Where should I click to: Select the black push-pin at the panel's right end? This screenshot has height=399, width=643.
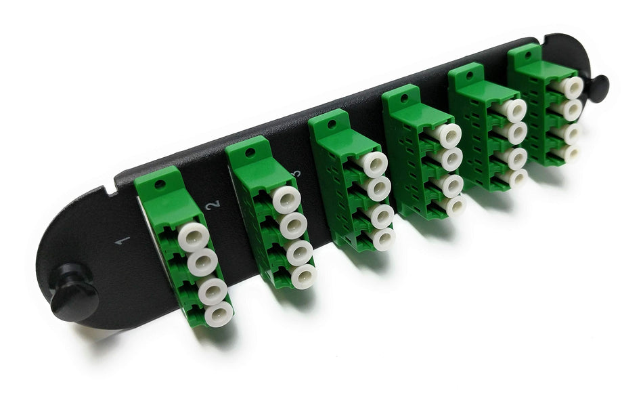click(598, 86)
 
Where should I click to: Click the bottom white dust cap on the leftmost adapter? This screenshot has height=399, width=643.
click(218, 314)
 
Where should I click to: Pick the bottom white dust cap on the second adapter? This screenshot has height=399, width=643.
click(303, 275)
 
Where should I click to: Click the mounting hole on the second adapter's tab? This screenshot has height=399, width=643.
click(250, 152)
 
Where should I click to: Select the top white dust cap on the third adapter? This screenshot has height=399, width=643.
click(374, 165)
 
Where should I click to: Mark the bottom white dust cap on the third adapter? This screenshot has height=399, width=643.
click(383, 238)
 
